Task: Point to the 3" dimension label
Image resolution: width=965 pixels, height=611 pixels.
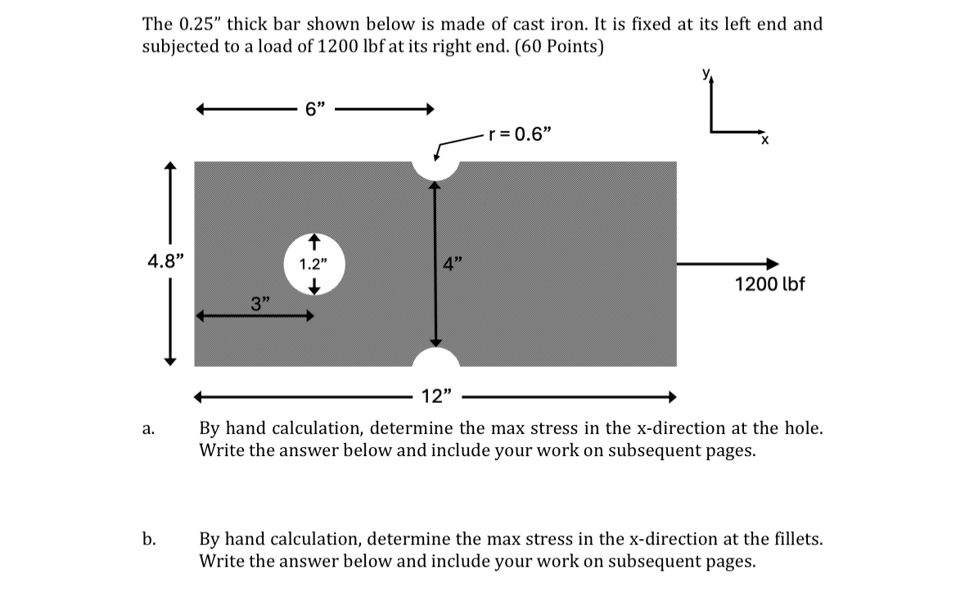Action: pyautogui.click(x=260, y=305)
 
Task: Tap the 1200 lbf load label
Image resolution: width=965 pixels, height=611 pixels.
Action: pyautogui.click(x=769, y=284)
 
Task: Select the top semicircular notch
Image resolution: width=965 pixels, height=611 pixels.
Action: pyautogui.click(x=435, y=168)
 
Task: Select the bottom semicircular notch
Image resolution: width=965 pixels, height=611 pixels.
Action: pyautogui.click(x=435, y=358)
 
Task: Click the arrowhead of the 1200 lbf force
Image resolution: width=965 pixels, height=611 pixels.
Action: pyautogui.click(x=771, y=264)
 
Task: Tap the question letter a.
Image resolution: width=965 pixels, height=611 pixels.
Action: pyautogui.click(x=147, y=428)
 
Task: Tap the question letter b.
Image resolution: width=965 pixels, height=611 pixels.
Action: pyautogui.click(x=148, y=540)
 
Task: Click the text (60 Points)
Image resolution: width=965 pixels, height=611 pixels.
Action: pyautogui.click(x=558, y=47)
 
